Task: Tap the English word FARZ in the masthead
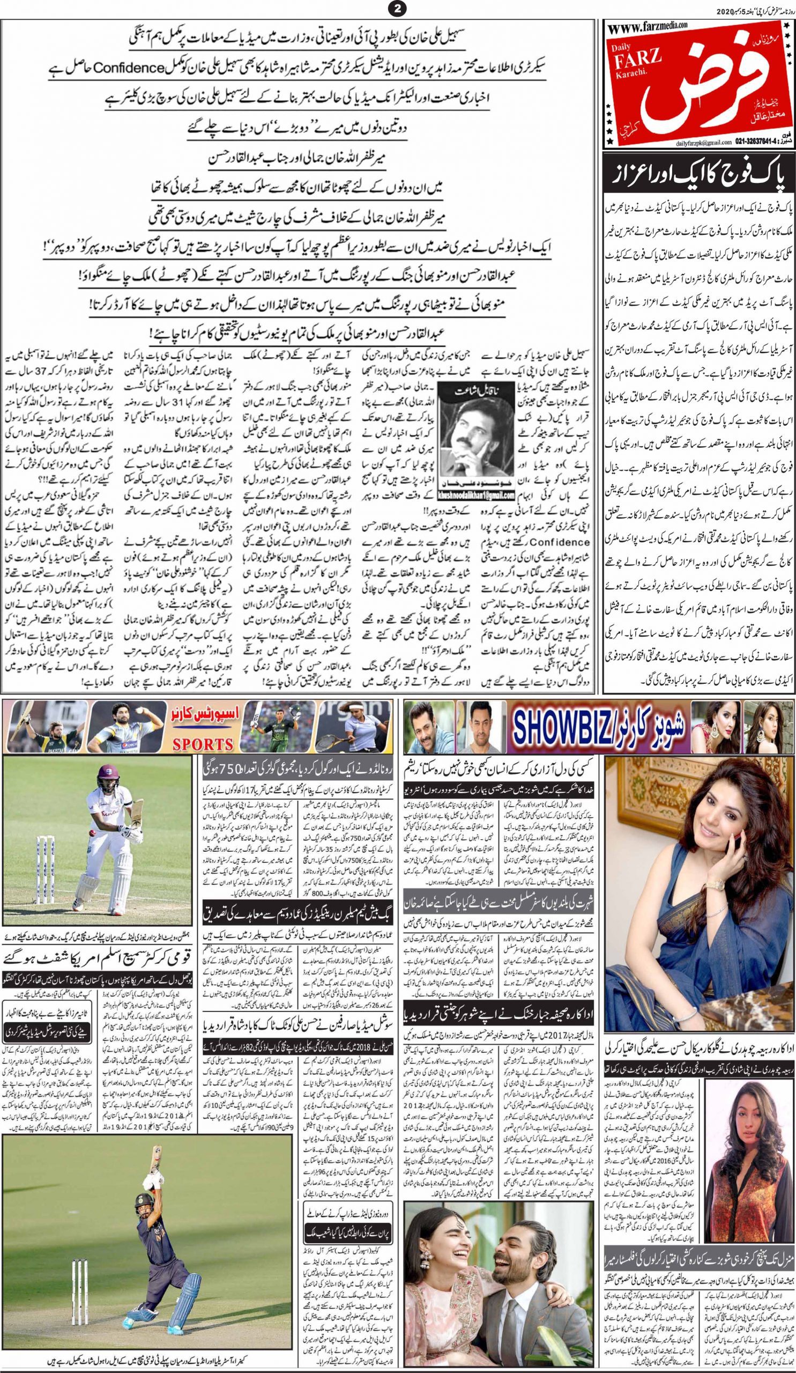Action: pyautogui.click(x=636, y=70)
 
